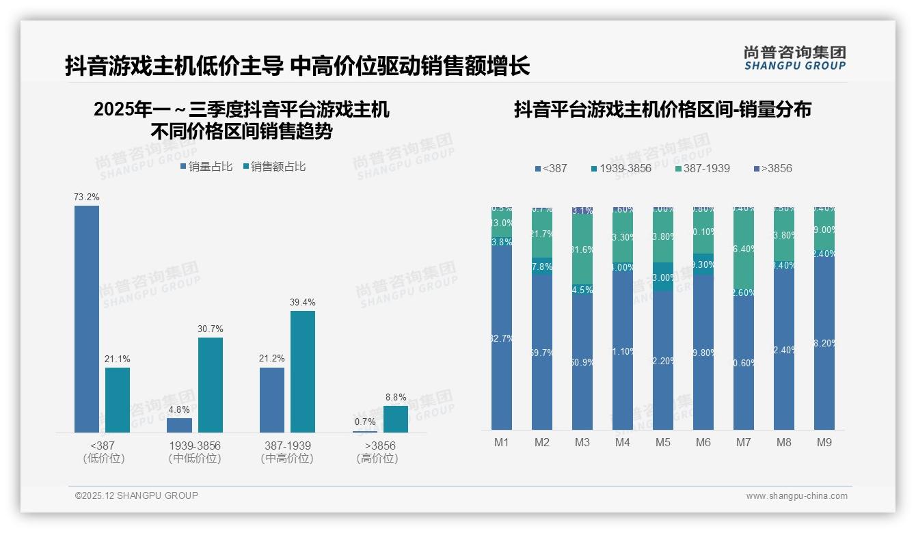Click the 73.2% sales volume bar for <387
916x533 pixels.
[87, 318]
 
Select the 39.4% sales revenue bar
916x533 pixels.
[303, 372]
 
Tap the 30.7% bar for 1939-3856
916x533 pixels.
[211, 385]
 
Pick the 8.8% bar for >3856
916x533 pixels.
[395, 419]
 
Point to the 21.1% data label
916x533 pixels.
[117, 359]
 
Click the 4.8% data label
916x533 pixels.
[179, 409]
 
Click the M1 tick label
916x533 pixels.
[502, 442]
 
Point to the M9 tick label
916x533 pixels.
[824, 442]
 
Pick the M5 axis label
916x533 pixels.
[663, 442]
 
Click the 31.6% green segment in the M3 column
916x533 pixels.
[582, 250]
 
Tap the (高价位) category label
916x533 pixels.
[377, 459]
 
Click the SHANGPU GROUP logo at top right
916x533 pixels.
[794, 58]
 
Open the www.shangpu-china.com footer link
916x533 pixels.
[796, 496]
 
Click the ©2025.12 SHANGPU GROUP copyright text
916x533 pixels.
[137, 495]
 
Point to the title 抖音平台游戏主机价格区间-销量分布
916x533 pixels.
[662, 109]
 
